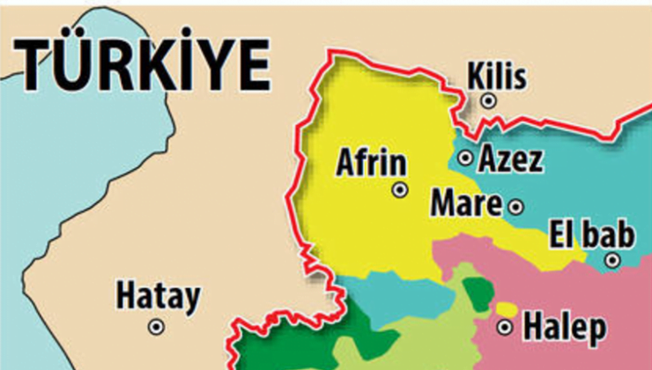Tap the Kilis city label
497,77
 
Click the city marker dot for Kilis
488,101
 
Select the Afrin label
373,163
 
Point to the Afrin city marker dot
400,189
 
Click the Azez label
510,159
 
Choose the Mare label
465,205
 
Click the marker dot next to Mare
515,207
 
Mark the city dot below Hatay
156,326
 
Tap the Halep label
565,328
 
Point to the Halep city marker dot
505,328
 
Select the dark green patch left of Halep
477,294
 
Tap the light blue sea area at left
53,176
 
